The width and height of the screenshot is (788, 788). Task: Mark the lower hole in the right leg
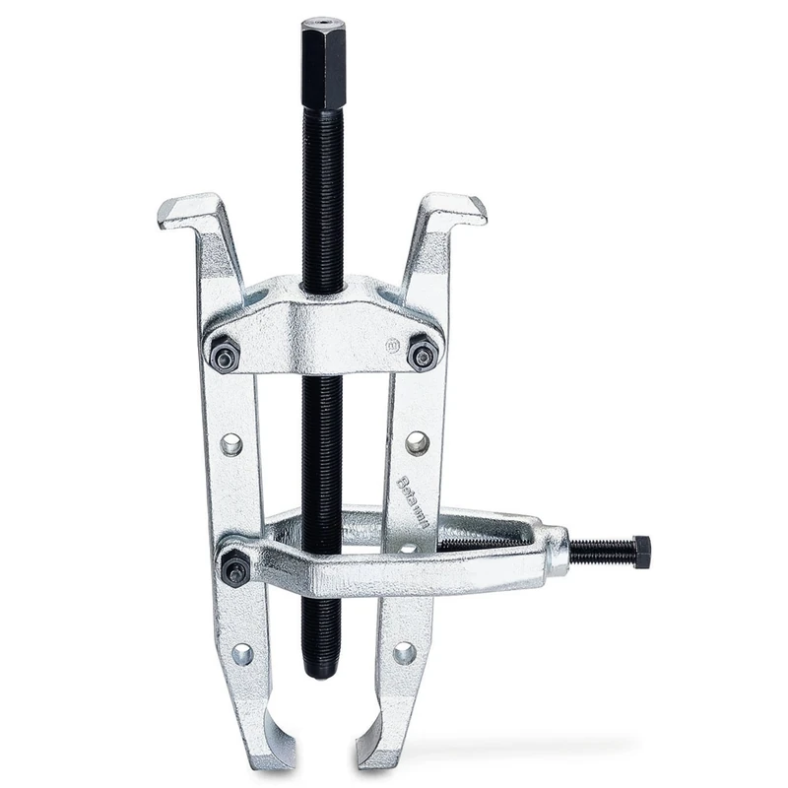(404, 652)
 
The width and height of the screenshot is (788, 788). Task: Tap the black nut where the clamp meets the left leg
(234, 567)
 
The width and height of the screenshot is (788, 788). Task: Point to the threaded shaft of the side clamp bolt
(601, 553)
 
